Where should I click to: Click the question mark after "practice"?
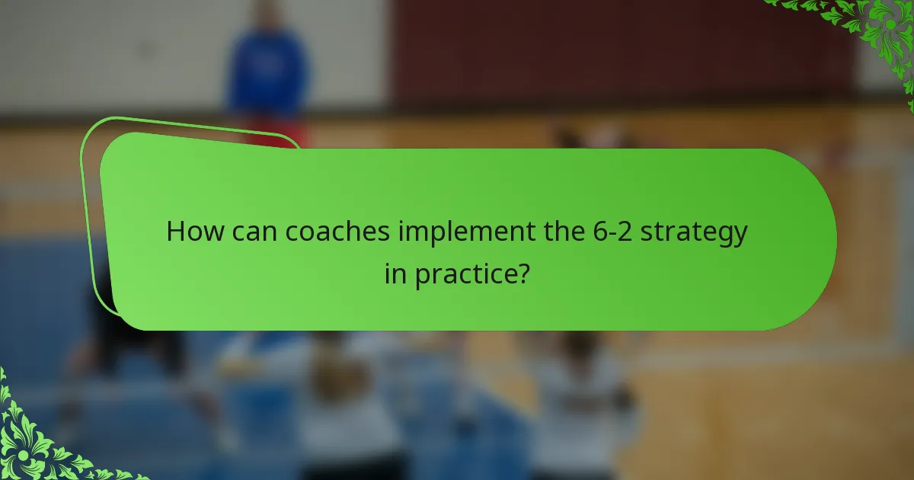(x=523, y=274)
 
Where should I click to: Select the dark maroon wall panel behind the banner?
(x=609, y=53)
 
